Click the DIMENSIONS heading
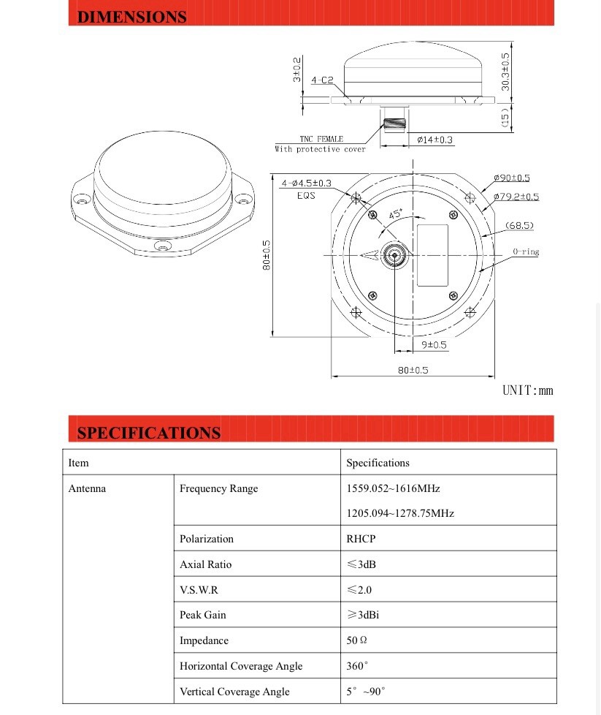(x=131, y=18)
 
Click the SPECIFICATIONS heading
(x=148, y=433)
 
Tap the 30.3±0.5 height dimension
(x=505, y=72)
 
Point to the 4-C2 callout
(x=322, y=80)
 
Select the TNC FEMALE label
(x=321, y=139)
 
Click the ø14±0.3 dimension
(x=435, y=140)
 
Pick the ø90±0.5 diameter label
(x=511, y=178)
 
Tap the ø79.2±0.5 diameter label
(x=516, y=197)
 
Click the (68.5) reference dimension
(x=518, y=225)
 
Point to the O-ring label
(x=525, y=251)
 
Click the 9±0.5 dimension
(x=434, y=344)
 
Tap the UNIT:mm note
(x=527, y=390)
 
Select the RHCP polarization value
(x=361, y=539)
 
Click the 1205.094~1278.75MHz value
(x=399, y=513)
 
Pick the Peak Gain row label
(x=202, y=615)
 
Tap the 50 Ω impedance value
(x=356, y=640)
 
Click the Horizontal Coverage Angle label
(x=241, y=666)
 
